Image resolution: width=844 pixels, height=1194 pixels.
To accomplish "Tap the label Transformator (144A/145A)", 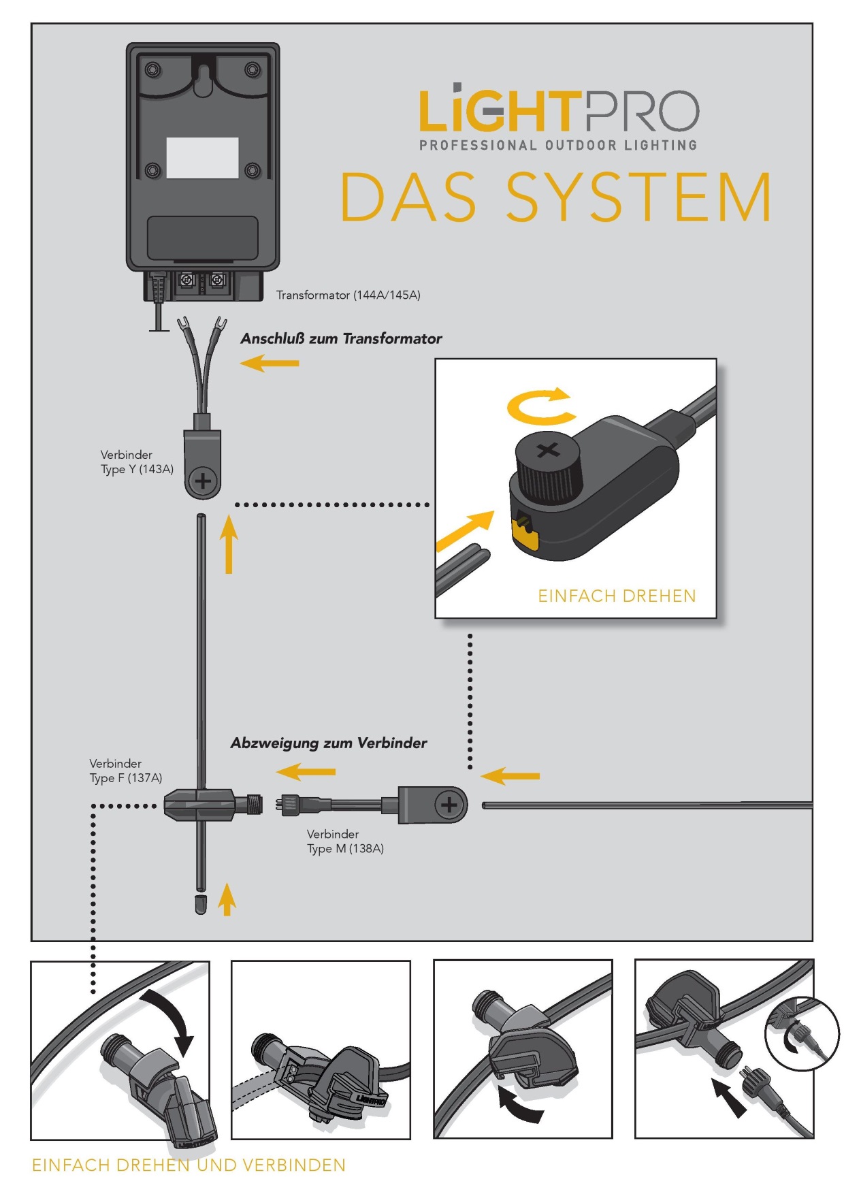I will [x=348, y=295].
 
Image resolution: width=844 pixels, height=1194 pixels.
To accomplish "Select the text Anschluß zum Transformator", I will [x=341, y=338].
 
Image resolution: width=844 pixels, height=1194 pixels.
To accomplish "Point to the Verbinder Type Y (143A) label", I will [x=136, y=462].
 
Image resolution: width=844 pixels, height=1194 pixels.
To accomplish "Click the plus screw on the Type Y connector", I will [x=203, y=481].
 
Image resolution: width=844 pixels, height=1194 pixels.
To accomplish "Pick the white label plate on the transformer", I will [x=202, y=158].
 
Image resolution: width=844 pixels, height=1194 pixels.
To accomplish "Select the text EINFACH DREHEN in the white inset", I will [x=617, y=596].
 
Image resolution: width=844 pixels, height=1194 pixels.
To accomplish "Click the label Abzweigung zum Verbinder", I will [x=329, y=743].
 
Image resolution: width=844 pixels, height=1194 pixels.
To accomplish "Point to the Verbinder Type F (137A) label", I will [x=125, y=771].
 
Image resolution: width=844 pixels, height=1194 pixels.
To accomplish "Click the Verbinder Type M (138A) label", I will [x=345, y=841].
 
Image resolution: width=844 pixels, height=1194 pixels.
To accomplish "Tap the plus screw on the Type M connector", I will [x=449, y=805].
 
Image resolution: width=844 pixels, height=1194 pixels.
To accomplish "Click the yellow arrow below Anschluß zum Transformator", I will [x=270, y=363].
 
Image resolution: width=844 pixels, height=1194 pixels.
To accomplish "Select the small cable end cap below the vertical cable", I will [x=200, y=904].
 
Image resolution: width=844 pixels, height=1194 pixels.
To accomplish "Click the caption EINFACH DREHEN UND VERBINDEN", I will [x=189, y=1165].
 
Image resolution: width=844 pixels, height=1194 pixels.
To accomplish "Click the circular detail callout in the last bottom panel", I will [x=802, y=1034].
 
